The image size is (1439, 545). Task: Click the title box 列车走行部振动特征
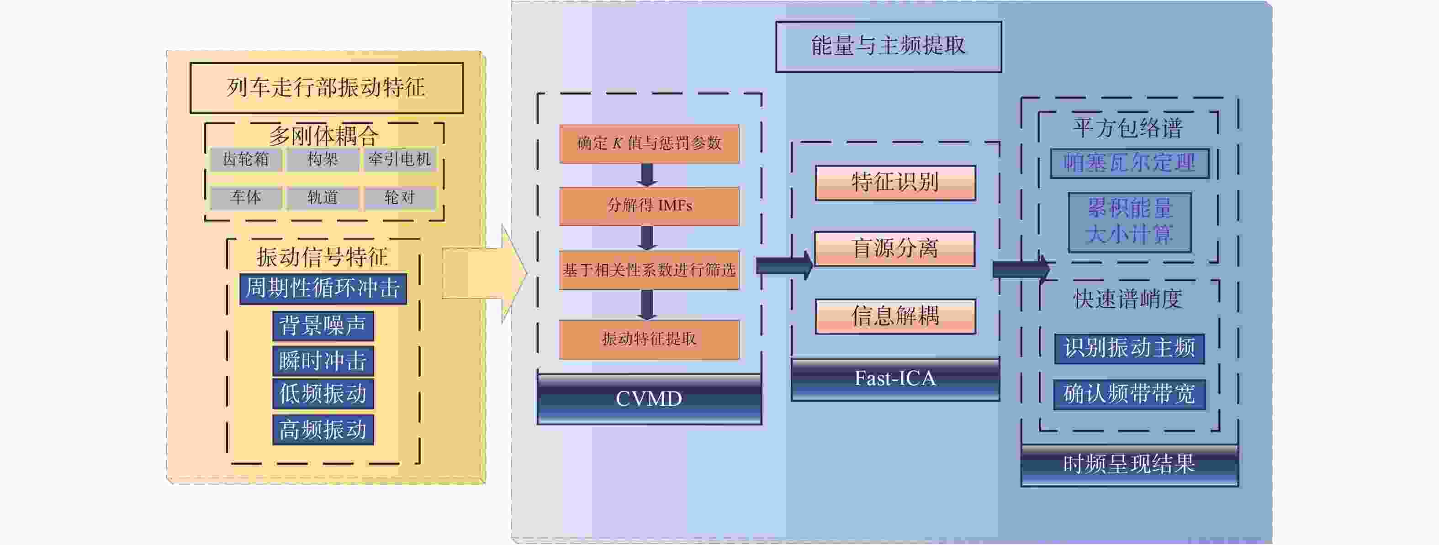[326, 88]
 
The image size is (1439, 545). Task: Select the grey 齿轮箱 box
[246, 160]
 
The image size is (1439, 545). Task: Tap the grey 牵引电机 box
[399, 160]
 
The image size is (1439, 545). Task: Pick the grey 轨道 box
[323, 198]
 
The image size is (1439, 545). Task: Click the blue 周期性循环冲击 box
[323, 288]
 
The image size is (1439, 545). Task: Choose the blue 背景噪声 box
[323, 325]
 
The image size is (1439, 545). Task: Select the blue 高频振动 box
[323, 430]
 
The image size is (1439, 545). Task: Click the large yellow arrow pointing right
[485, 273]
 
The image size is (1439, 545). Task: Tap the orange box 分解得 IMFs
[649, 206]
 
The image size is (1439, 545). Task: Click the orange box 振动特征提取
[649, 340]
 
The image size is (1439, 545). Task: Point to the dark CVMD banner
[649, 398]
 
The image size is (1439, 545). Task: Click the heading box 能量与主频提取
[888, 47]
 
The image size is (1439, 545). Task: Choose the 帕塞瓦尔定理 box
[1129, 163]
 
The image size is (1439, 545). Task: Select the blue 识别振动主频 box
[1129, 348]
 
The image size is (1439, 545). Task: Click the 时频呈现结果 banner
[1129, 465]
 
